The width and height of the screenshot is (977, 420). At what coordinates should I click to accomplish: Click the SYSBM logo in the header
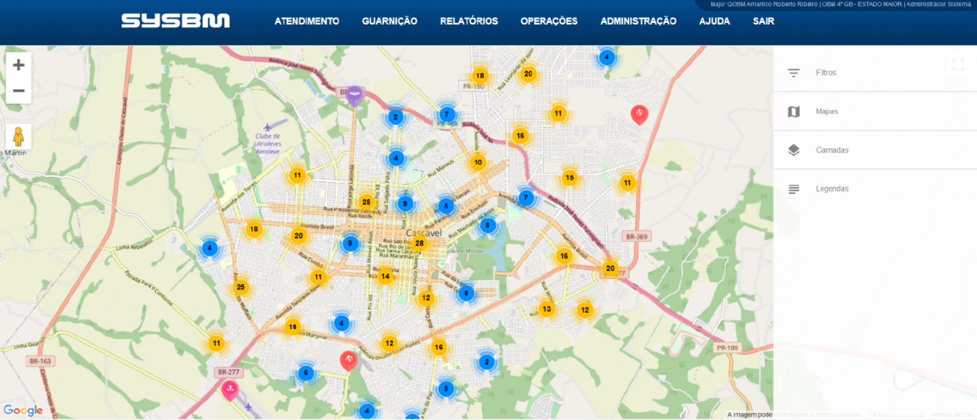click(x=176, y=21)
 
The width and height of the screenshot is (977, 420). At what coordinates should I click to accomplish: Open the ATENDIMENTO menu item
click(x=307, y=21)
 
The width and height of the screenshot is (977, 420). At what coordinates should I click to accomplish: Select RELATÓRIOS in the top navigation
click(x=469, y=21)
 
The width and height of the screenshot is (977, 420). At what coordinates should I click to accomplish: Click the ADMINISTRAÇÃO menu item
click(x=638, y=21)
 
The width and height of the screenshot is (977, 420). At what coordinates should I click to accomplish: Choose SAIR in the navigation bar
click(x=763, y=21)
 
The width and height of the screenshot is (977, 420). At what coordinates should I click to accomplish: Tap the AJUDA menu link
click(x=714, y=21)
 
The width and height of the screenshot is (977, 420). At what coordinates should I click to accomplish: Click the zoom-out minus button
click(x=18, y=91)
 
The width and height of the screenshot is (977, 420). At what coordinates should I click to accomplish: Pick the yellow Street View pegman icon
click(x=18, y=137)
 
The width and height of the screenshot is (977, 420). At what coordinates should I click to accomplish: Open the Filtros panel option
click(x=826, y=73)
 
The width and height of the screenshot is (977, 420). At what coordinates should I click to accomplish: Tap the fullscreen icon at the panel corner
click(x=958, y=65)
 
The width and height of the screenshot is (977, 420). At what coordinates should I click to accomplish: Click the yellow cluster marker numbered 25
click(x=240, y=288)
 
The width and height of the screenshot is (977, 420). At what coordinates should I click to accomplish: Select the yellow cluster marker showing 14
click(x=385, y=276)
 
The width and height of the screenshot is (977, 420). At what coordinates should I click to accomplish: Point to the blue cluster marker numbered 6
click(x=305, y=373)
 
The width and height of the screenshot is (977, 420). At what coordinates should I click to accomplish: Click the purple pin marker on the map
click(x=355, y=95)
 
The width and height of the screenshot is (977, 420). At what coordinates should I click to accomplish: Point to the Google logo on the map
click(x=23, y=410)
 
